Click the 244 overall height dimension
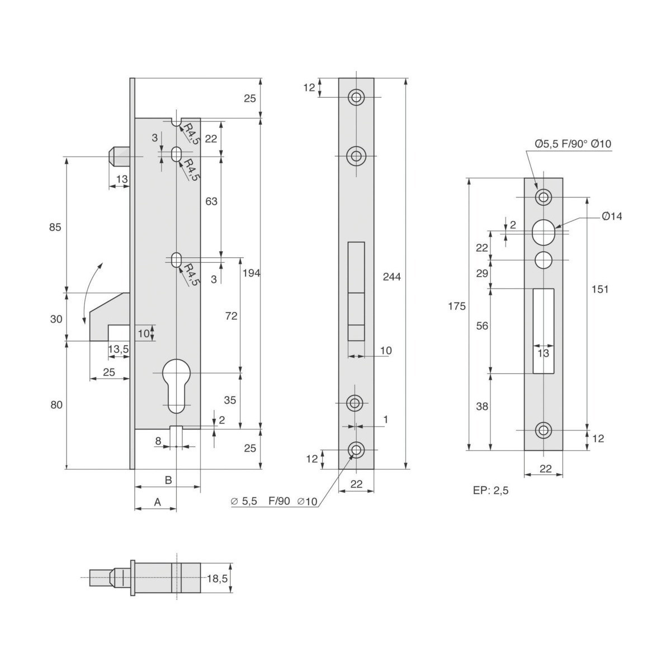point(392,277)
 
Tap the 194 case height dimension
point(252,273)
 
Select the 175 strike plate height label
point(456,306)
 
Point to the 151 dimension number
point(600,289)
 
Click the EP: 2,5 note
point(490,490)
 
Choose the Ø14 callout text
point(612,216)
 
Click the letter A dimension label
point(157,502)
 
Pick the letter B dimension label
point(168,480)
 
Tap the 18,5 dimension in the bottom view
point(218,579)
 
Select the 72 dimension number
point(231,316)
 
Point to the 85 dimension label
point(55,228)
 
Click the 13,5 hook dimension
point(119,349)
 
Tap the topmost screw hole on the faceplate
point(356,97)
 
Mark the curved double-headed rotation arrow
point(91,293)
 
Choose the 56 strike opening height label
point(482,326)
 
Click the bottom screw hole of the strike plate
point(543,430)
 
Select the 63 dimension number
point(211,201)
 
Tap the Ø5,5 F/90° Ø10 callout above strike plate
point(573,144)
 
